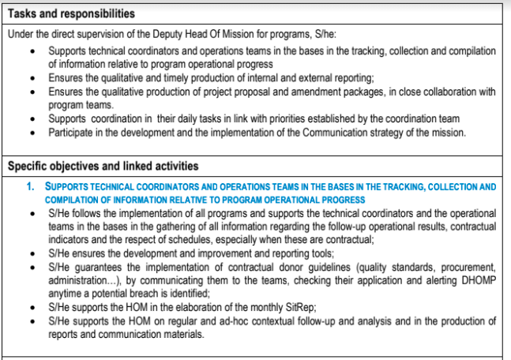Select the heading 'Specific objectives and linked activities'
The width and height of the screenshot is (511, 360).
tap(103, 166)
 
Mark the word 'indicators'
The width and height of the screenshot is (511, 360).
tap(71, 239)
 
